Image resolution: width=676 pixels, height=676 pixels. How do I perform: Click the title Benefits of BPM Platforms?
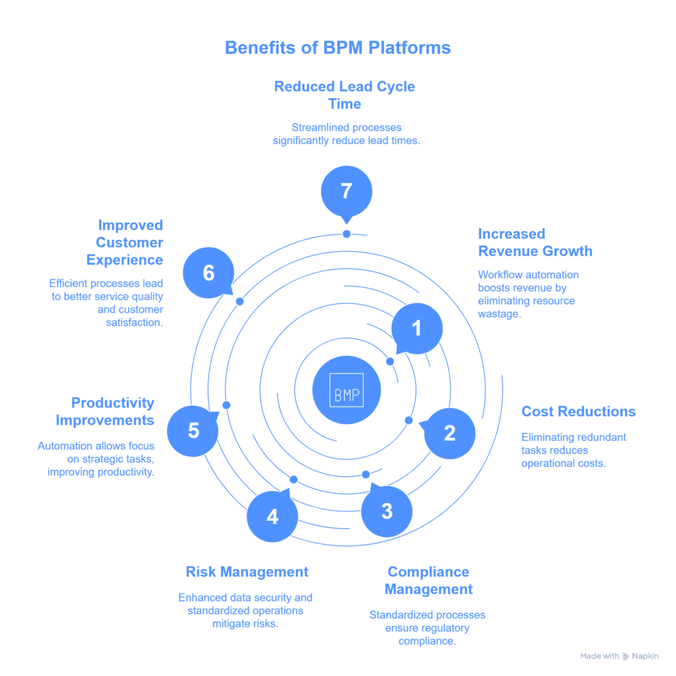337,48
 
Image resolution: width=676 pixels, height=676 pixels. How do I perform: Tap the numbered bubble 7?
347,191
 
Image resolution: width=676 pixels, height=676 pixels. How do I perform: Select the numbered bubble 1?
417,328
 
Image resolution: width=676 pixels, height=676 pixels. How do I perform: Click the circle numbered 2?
450,433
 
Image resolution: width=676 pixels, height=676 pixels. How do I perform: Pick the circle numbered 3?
387,510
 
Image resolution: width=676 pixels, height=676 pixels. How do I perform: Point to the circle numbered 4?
273,516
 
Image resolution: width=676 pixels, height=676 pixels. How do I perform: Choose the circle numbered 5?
193,430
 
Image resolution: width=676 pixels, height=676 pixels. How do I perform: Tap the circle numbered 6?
209,272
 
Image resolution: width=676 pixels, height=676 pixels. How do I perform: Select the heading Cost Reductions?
578,411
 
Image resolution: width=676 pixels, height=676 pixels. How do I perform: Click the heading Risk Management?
247,572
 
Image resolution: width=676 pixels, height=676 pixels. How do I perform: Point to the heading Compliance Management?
428,580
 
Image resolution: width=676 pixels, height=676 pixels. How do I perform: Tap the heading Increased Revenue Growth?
535,242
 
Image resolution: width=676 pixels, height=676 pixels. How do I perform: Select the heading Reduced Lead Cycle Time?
345,95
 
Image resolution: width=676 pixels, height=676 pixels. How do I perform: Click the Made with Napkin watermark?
619,656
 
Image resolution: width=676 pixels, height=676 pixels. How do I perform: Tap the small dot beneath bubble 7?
347,234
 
